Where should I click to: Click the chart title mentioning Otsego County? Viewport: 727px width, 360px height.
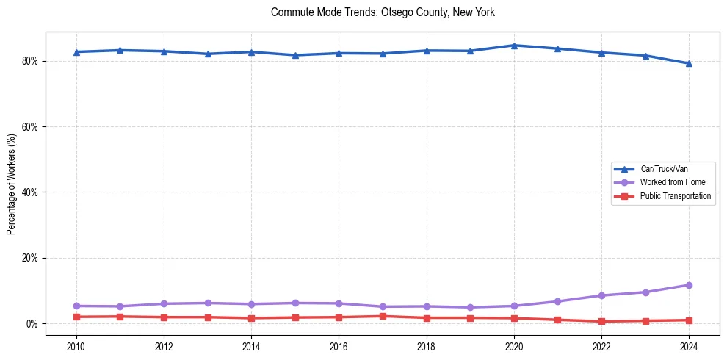tap(383, 12)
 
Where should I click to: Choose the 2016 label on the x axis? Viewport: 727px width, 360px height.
tap(339, 345)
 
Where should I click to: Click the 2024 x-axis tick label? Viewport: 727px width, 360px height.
tap(689, 345)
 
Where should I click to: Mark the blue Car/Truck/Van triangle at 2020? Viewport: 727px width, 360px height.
tap(514, 46)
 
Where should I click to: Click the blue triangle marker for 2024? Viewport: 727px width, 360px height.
tap(689, 63)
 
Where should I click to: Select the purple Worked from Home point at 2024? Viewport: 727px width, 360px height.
tap(689, 285)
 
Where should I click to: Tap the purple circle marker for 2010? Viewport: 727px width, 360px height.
tap(76, 306)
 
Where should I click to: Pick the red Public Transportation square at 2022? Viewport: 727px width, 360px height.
tap(601, 321)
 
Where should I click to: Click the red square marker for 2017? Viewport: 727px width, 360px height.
tap(383, 316)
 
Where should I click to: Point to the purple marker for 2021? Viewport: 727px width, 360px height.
tap(557, 301)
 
